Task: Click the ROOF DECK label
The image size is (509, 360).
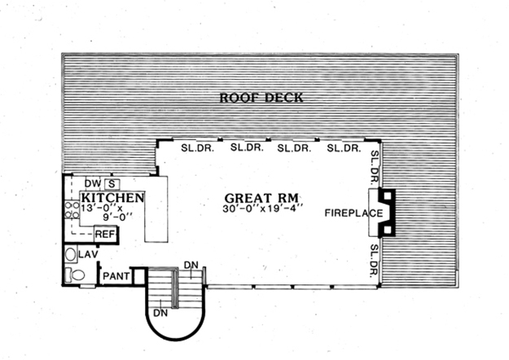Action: (261, 98)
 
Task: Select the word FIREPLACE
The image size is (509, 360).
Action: (353, 213)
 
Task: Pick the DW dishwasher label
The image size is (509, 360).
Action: (92, 184)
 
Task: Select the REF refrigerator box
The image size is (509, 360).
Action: (105, 235)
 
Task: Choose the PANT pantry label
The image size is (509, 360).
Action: (112, 277)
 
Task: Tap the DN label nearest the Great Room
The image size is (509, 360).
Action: (191, 265)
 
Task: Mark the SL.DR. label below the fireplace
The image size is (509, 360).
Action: (375, 260)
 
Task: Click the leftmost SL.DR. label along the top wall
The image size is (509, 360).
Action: (194, 148)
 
